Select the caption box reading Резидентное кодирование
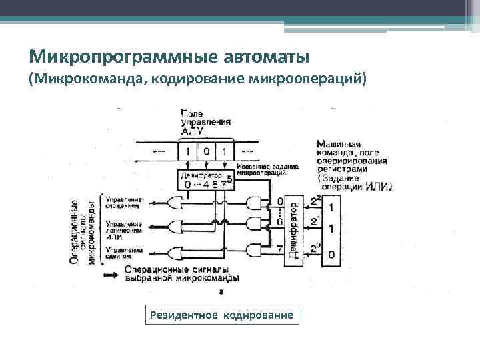pyautogui.click(x=222, y=314)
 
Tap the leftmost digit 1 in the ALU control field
pyautogui.click(x=188, y=151)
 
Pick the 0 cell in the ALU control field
pyautogui.click(x=207, y=151)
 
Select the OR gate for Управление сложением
pyautogui.click(x=178, y=201)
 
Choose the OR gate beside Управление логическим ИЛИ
pyautogui.click(x=178, y=227)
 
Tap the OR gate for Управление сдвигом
pyautogui.click(x=178, y=253)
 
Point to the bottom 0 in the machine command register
pyautogui.click(x=331, y=253)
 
